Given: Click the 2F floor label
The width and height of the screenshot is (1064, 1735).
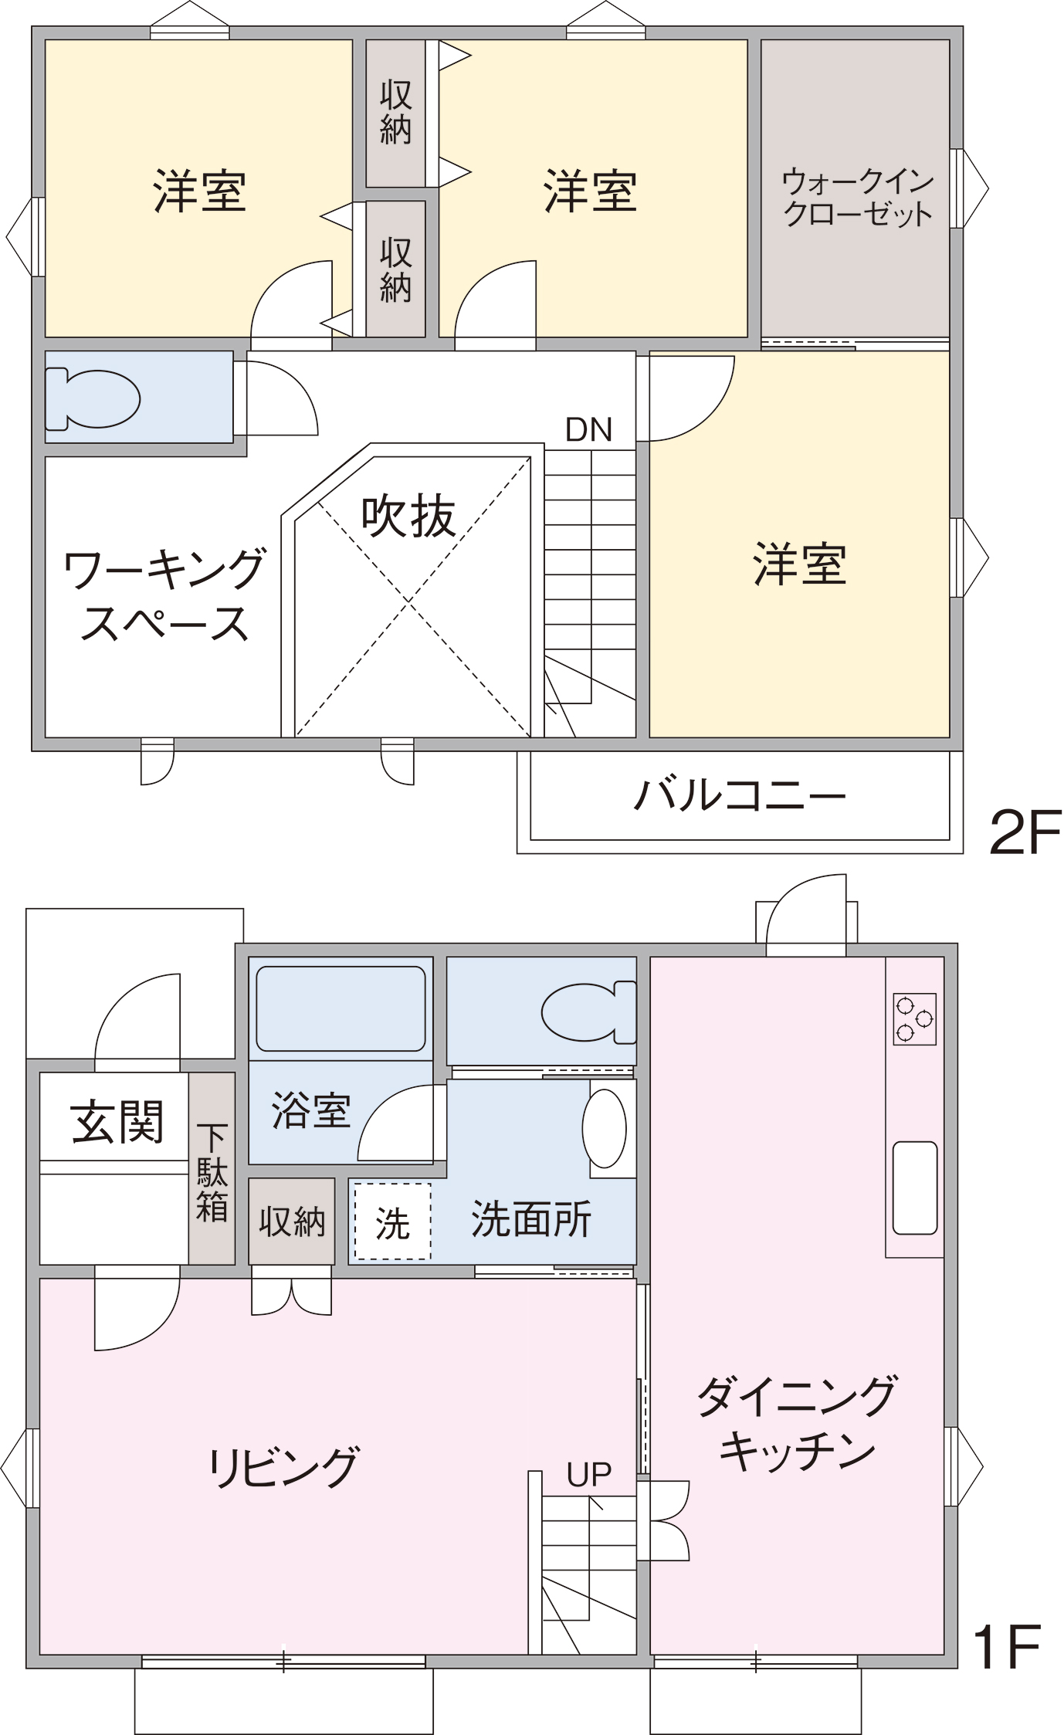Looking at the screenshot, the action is pyautogui.click(x=1025, y=832).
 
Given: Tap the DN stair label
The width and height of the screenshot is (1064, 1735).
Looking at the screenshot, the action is pyautogui.click(x=588, y=430).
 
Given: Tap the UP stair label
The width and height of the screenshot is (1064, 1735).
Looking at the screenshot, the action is pyautogui.click(x=588, y=1475).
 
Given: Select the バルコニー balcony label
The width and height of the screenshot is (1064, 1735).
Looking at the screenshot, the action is pyautogui.click(x=740, y=795).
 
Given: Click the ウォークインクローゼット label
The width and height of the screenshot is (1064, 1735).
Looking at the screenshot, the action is pyautogui.click(x=858, y=198).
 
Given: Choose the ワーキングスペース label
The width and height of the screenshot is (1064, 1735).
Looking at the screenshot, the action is pyautogui.click(x=164, y=595).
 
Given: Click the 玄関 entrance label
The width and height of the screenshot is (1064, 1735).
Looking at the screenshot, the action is pyautogui.click(x=117, y=1122).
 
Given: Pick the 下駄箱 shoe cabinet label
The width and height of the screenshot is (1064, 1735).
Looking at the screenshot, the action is pyautogui.click(x=212, y=1172).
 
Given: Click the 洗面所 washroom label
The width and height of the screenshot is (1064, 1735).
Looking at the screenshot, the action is pyautogui.click(x=531, y=1219).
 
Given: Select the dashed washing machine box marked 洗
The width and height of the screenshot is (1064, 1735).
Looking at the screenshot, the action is pyautogui.click(x=392, y=1222).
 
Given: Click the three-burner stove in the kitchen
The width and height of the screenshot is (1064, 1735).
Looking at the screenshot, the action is pyautogui.click(x=915, y=1019).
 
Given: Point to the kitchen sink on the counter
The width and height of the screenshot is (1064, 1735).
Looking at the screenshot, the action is pyautogui.click(x=915, y=1188).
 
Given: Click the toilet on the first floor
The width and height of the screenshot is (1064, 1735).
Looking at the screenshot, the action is pyautogui.click(x=588, y=1012).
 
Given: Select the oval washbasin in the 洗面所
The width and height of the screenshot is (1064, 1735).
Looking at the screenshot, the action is pyautogui.click(x=605, y=1128).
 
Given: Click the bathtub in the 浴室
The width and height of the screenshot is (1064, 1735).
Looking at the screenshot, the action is pyautogui.click(x=341, y=1008).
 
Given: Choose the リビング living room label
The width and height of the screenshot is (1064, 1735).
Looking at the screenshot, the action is pyautogui.click(x=283, y=1468).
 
